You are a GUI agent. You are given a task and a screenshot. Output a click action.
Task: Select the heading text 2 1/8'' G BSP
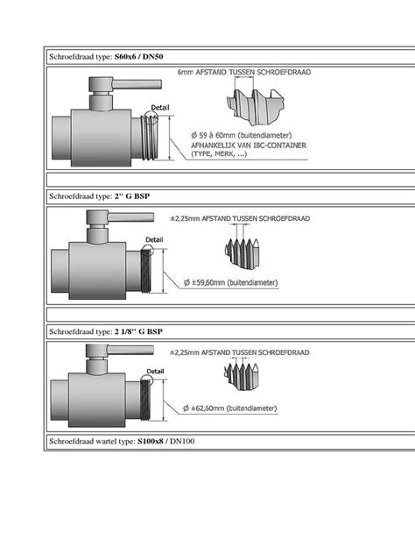tap(138, 332)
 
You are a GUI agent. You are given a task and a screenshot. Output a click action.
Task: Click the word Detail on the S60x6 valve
tap(160, 107)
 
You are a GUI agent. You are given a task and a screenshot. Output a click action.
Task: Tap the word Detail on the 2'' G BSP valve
tap(154, 238)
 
